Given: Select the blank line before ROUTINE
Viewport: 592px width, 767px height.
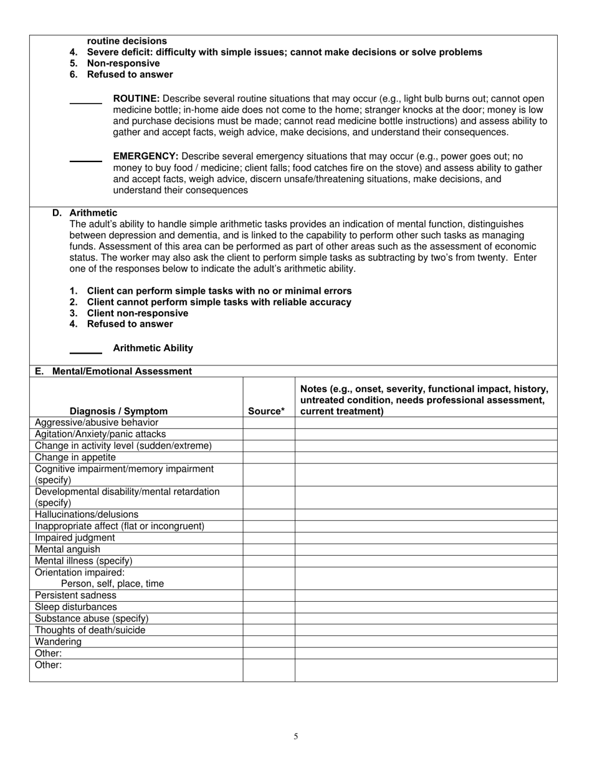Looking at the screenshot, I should (85, 103).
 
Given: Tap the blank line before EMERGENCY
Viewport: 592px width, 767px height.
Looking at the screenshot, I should (85, 161).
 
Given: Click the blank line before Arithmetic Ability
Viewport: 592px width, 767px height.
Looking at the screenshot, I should (85, 352).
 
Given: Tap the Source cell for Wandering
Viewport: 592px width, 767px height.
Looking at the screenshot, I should (269, 642).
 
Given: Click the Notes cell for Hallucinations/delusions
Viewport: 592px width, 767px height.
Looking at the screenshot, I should (426, 514).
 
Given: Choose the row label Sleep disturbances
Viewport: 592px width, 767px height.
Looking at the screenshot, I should (76, 607).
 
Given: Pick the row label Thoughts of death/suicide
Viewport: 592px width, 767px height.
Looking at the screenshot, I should (90, 630).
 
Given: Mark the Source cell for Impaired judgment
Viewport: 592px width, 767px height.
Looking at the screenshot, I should (269, 538).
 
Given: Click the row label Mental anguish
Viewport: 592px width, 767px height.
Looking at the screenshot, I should (67, 549).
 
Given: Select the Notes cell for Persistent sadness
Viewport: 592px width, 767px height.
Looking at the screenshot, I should (426, 596).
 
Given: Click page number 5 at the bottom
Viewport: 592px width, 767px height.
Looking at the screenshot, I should (296, 736).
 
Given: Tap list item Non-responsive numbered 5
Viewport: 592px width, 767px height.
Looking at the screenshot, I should (123, 63).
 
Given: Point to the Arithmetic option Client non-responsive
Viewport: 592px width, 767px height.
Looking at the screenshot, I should (137, 313).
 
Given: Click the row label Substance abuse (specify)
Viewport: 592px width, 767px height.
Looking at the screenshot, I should (92, 619).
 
